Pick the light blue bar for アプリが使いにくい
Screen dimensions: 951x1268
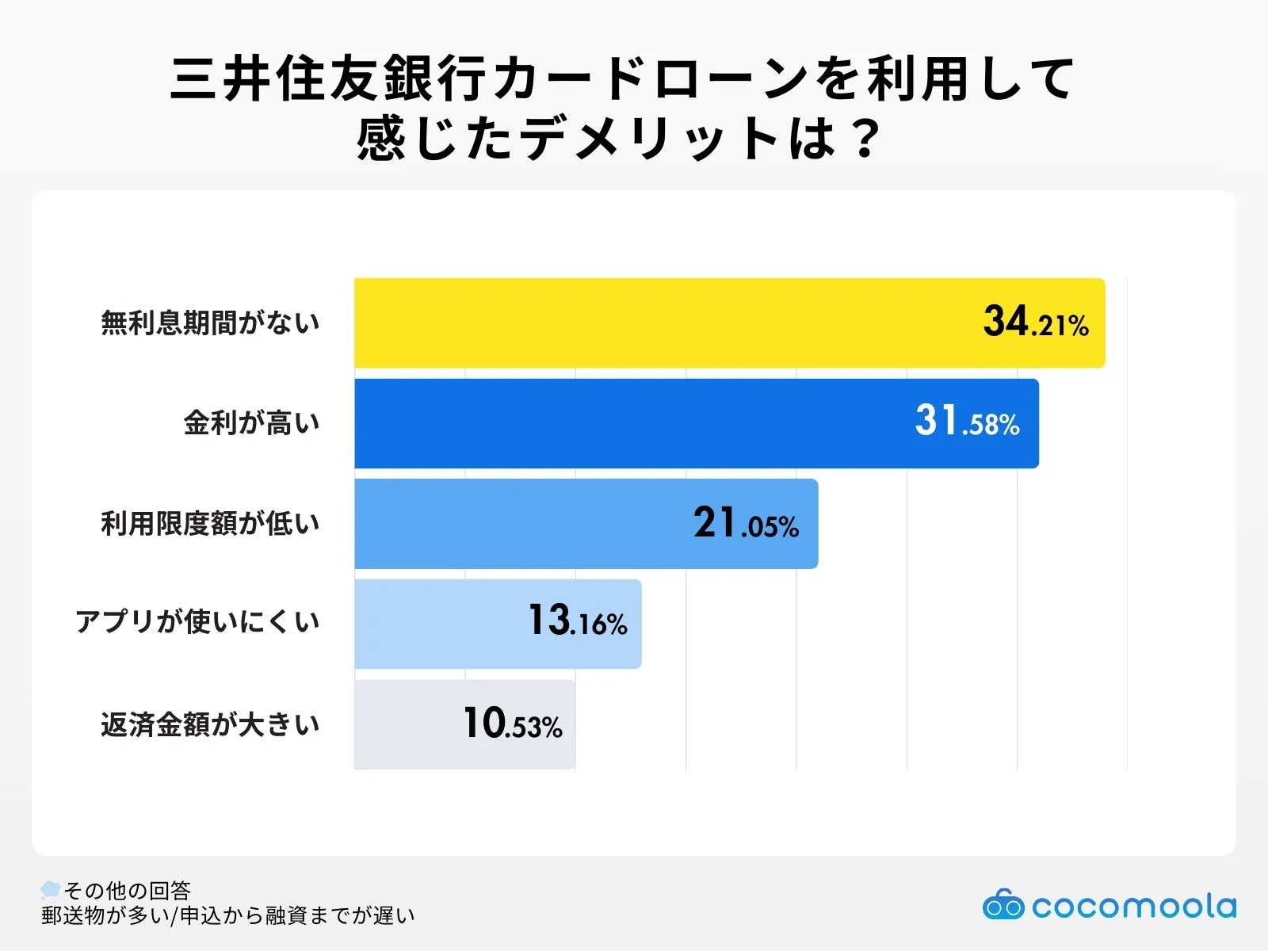click(x=436, y=624)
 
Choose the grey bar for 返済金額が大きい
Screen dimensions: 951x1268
click(x=404, y=724)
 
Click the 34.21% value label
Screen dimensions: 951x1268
click(x=1036, y=323)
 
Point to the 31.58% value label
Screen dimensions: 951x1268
click(x=967, y=422)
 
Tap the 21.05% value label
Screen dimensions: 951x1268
click(x=746, y=524)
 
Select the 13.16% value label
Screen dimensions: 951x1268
click(x=578, y=621)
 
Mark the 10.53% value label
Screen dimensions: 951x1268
click(x=513, y=724)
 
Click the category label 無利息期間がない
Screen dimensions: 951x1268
click(x=210, y=323)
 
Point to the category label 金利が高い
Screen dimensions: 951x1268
click(x=251, y=423)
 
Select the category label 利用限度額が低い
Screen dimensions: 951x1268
click(x=210, y=524)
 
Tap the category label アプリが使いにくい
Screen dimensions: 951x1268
click(x=197, y=622)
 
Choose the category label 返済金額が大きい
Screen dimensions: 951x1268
click(x=210, y=724)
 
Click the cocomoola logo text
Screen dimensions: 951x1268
click(x=1133, y=907)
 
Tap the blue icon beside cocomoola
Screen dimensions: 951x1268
click(x=1003, y=905)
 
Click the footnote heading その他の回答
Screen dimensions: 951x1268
click(x=127, y=891)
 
